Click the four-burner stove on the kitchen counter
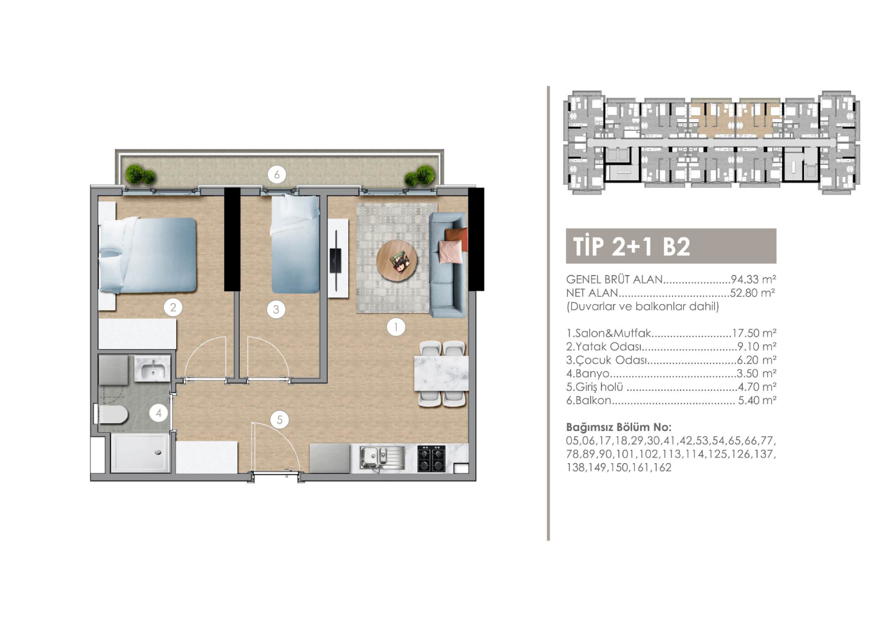pos(431,459)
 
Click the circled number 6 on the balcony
pos(277,175)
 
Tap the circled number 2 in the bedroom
pos(173,308)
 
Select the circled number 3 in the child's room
pos(276,309)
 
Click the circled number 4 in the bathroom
pos(159,414)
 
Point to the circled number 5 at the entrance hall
pos(280,420)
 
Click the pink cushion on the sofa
pos(451,252)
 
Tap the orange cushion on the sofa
pos(457,236)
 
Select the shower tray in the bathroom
pos(140,453)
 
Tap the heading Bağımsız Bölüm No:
pos(619,427)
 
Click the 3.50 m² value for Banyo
pos(757,373)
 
